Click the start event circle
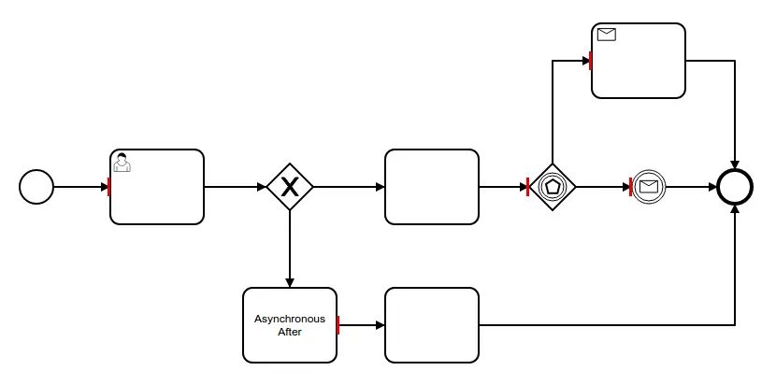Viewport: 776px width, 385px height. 36,187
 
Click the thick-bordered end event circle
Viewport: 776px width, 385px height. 735,187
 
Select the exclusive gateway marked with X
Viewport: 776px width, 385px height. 290,187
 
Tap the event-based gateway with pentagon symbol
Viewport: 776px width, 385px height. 553,187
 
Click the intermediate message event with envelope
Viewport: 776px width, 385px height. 649,187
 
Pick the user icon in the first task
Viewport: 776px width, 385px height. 122,163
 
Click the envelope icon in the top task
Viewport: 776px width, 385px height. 607,35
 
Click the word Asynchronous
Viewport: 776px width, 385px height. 290,319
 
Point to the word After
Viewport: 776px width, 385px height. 290,332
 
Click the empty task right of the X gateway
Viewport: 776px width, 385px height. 432,187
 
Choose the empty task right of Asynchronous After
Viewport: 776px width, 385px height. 432,324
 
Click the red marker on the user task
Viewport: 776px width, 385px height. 109,187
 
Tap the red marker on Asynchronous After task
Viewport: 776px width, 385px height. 338,324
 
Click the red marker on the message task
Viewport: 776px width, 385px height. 591,61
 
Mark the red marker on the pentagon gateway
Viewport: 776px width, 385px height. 528,187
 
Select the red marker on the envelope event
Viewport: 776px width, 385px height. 632,187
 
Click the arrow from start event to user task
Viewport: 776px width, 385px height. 80,187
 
